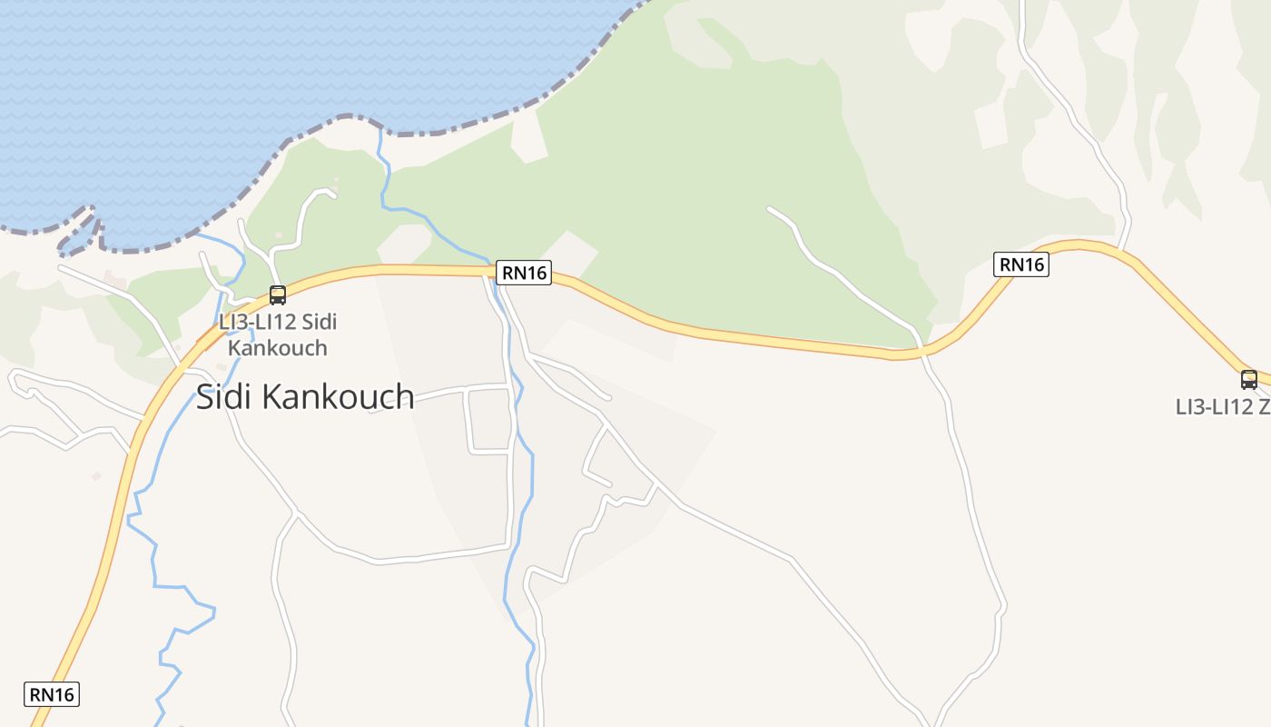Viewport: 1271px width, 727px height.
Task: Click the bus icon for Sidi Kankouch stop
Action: [278, 294]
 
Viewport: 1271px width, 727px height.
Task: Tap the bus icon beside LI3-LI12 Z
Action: [1249, 380]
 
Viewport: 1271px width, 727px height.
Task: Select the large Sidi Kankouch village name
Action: [305, 397]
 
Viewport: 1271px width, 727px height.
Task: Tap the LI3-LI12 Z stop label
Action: [1222, 407]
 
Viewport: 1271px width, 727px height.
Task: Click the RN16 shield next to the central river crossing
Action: [524, 272]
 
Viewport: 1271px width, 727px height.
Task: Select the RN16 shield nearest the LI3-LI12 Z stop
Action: [1021, 264]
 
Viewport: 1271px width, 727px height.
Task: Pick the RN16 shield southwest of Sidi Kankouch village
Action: [53, 694]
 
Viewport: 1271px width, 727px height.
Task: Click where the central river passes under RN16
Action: [496, 271]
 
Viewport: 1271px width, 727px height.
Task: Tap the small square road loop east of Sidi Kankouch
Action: [488, 419]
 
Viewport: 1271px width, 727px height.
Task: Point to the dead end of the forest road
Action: [769, 209]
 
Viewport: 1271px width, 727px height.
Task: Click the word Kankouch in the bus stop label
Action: [278, 348]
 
